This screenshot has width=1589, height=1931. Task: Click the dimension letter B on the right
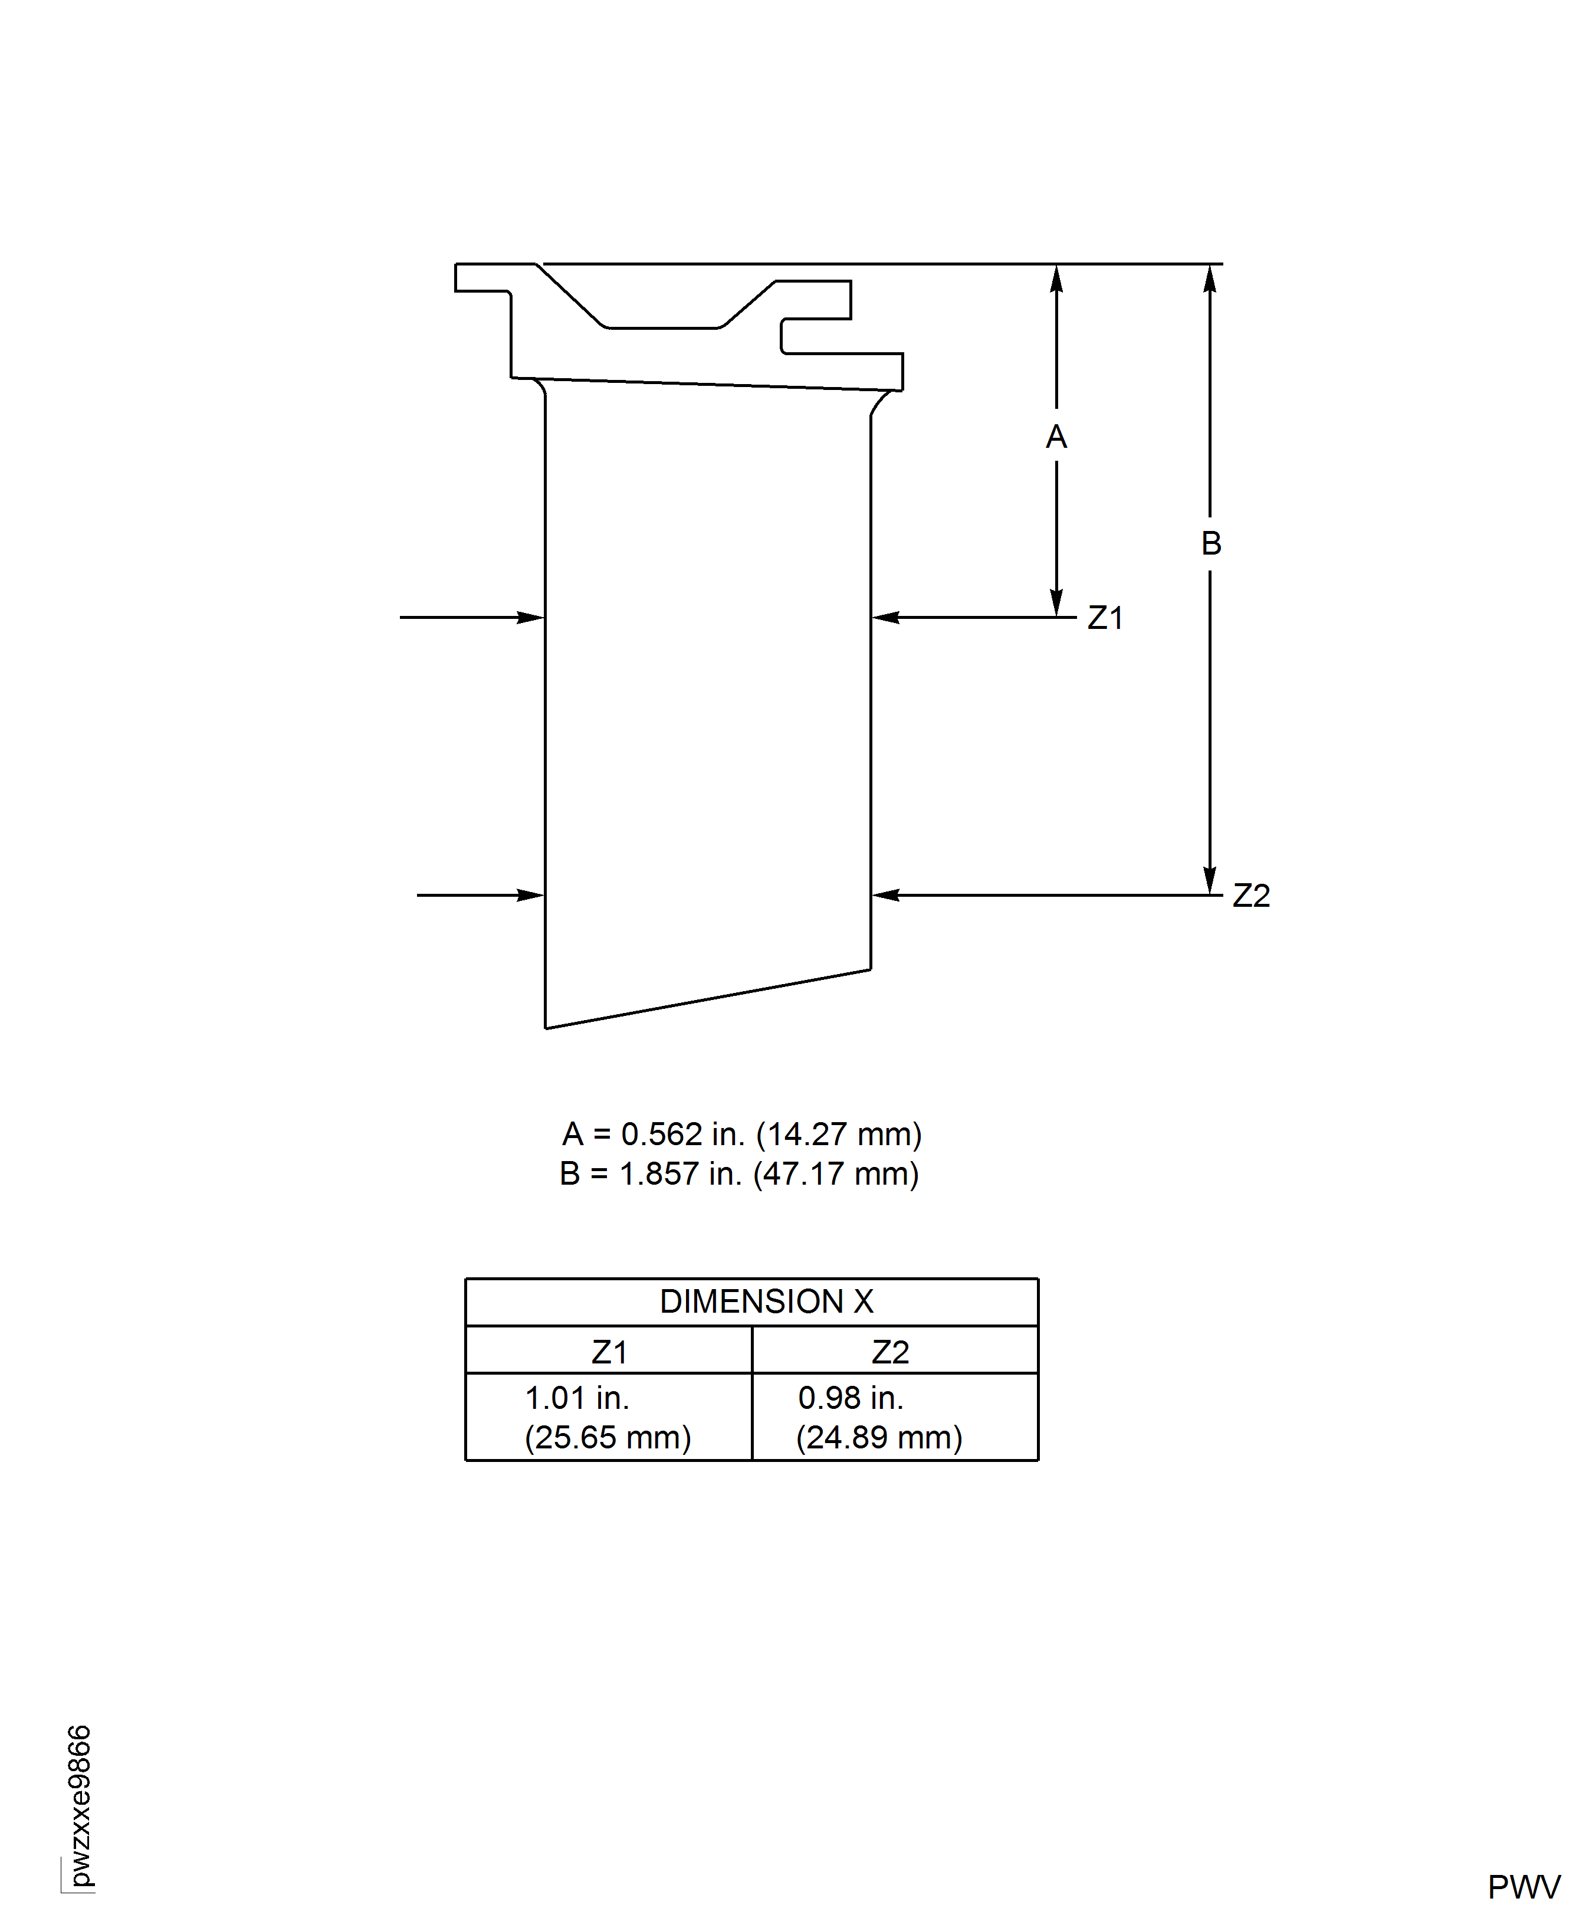click(1210, 543)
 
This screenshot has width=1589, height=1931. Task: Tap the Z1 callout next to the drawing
click(1104, 618)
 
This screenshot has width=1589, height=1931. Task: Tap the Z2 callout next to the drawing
click(1250, 896)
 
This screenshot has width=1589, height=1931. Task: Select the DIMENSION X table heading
click(766, 1301)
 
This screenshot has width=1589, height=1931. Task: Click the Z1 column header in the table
click(609, 1352)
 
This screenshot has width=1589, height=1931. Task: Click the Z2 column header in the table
click(889, 1352)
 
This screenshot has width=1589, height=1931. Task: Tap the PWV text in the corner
click(1523, 1887)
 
